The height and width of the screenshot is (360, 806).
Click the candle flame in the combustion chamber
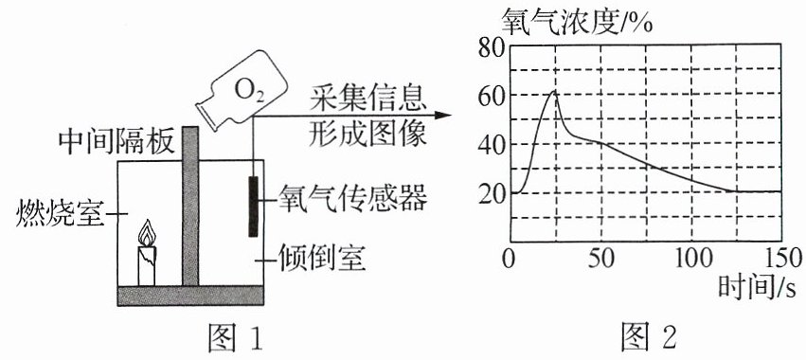click(x=147, y=233)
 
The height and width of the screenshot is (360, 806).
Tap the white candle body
click(x=147, y=266)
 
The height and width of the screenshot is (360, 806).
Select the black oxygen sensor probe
click(x=253, y=207)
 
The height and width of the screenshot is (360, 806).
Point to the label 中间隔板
click(x=117, y=142)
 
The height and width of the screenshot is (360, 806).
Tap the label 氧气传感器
click(x=352, y=199)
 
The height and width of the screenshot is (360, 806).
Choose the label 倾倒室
click(x=322, y=259)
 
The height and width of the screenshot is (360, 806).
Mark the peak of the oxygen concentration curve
click(x=554, y=91)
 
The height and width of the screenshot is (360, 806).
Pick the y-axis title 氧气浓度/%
click(x=577, y=21)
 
